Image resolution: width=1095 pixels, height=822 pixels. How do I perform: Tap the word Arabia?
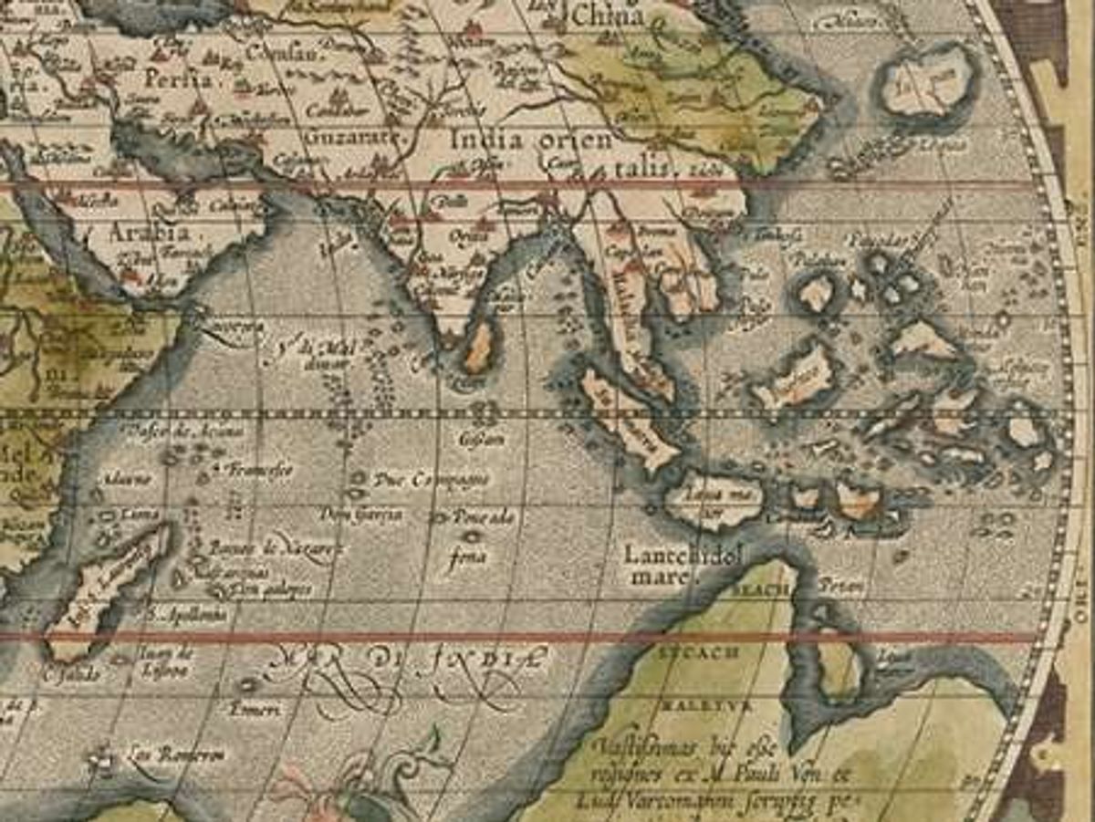click(x=144, y=233)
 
